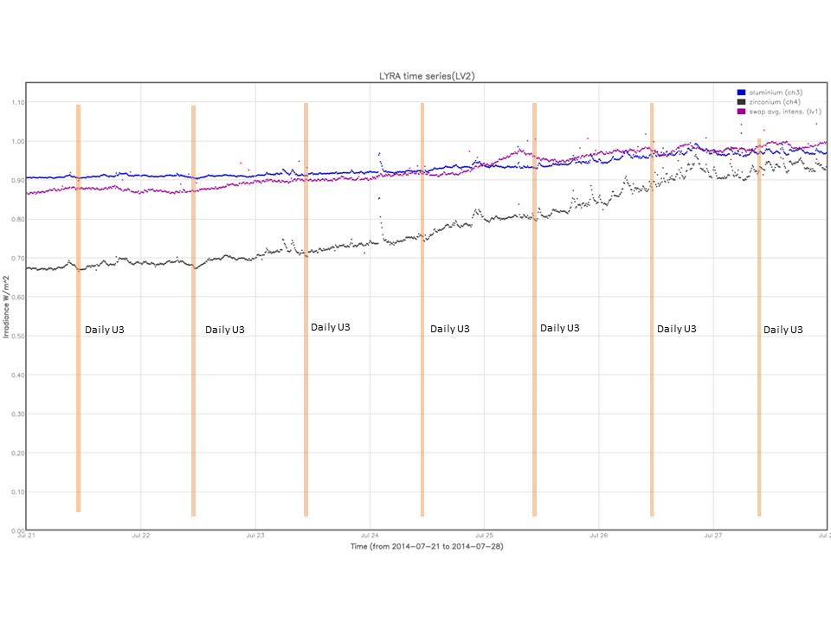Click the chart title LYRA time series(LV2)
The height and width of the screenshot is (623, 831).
422,76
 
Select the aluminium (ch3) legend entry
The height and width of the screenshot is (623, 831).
770,92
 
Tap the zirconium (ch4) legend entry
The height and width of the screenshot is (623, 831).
770,102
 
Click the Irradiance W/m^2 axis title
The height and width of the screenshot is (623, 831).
7,306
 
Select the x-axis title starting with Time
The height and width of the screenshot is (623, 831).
427,547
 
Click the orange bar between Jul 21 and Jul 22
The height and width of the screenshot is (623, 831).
78,308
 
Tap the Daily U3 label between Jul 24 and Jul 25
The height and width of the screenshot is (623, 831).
450,329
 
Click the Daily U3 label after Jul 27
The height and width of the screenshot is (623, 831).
783,330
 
